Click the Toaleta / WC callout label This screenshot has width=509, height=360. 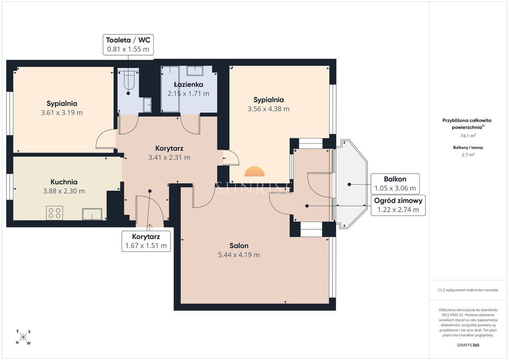pyautogui.click(x=128, y=45)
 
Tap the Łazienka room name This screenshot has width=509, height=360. pyautogui.click(x=188, y=85)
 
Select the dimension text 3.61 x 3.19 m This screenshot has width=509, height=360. pyautogui.click(x=62, y=113)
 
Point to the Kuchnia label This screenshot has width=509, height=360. pyautogui.click(x=64, y=182)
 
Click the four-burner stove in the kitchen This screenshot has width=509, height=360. pyautogui.click(x=54, y=213)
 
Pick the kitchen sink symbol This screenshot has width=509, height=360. pyautogui.click(x=92, y=214)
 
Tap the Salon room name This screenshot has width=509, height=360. pyautogui.click(x=239, y=246)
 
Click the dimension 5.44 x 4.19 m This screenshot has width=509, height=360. pyautogui.click(x=239, y=255)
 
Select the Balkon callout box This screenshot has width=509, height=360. pyautogui.click(x=395, y=184)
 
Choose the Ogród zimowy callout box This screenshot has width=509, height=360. pyautogui.click(x=398, y=205)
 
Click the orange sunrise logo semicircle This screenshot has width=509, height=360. pyautogui.click(x=254, y=172)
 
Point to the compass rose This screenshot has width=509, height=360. pyautogui.click(x=23, y=337)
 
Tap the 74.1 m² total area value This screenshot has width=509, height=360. pyautogui.click(x=468, y=136)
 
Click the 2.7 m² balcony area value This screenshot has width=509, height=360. pyautogui.click(x=468, y=155)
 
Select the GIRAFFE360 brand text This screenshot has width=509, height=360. pyautogui.click(x=468, y=345)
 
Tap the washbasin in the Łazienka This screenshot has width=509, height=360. pyautogui.click(x=195, y=71)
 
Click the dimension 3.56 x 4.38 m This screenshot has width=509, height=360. pyautogui.click(x=269, y=109)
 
